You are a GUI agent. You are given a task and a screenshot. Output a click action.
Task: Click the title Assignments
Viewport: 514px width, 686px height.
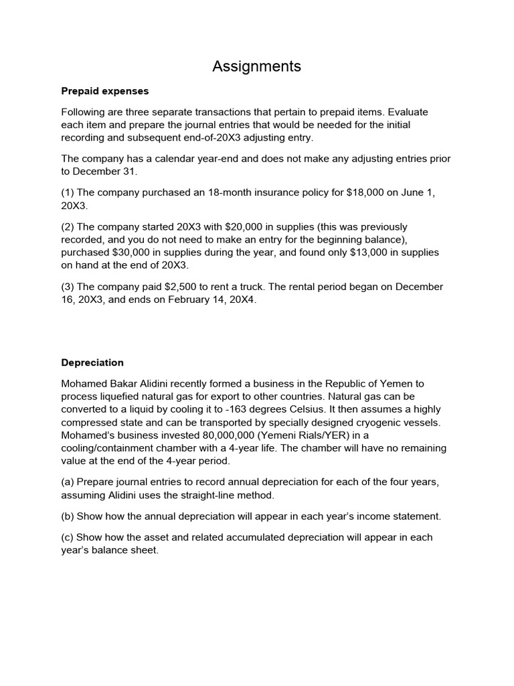[x=256, y=66]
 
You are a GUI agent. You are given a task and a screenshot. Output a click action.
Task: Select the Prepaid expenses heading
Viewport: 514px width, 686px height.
[x=105, y=90]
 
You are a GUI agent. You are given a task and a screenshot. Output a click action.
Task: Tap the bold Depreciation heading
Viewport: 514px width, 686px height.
[x=92, y=362]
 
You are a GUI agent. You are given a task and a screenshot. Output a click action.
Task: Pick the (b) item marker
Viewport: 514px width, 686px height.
[x=68, y=516]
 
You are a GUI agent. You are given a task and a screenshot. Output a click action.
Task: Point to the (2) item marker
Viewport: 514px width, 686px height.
[x=68, y=226]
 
